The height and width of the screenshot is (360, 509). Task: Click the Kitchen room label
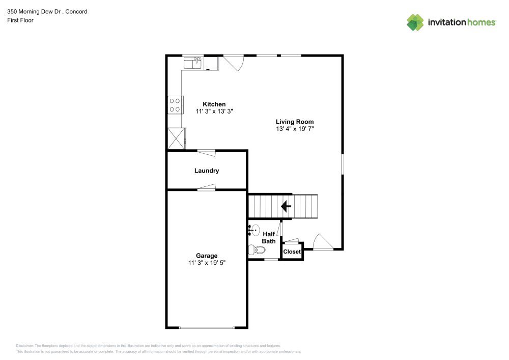[214, 104]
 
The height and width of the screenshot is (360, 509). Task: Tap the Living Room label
[294, 122]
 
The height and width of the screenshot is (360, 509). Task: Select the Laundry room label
[207, 171]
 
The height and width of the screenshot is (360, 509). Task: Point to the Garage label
[207, 256]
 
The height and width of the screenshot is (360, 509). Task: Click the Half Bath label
[269, 237]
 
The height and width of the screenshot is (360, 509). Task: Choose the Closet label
[292, 252]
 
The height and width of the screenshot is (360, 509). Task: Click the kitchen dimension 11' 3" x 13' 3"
[214, 112]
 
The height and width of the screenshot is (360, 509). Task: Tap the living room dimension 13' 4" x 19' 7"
[294, 129]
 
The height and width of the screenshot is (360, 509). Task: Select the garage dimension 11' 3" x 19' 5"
[207, 263]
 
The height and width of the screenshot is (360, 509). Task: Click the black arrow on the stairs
[286, 206]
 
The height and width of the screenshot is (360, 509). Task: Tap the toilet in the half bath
[257, 250]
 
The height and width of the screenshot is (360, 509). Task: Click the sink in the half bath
[254, 230]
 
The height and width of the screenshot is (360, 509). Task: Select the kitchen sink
[193, 63]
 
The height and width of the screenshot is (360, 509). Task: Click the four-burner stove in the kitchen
[175, 105]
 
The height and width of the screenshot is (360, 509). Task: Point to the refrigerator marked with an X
[176, 137]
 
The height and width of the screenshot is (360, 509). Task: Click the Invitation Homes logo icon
[415, 22]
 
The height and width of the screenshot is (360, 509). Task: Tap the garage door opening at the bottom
[207, 327]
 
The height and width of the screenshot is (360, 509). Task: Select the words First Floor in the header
[20, 20]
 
